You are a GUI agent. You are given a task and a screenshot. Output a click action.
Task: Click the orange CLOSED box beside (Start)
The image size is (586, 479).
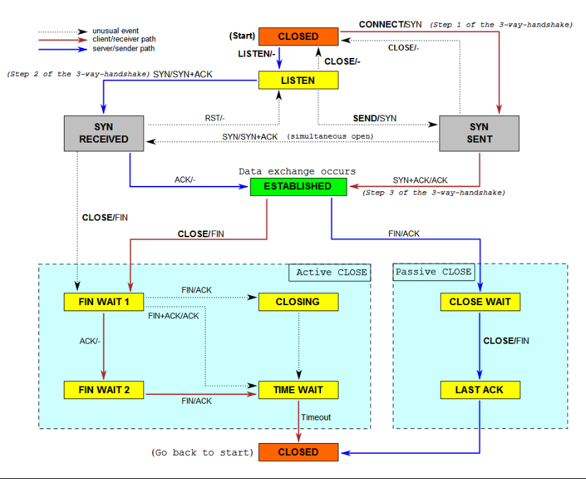pyautogui.click(x=298, y=37)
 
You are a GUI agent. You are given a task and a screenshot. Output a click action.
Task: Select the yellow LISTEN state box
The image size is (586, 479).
pyautogui.click(x=298, y=81)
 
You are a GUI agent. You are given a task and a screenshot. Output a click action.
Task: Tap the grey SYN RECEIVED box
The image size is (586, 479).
pyautogui.click(x=104, y=133)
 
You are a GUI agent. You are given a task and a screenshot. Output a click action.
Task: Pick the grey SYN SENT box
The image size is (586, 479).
pyautogui.click(x=479, y=133)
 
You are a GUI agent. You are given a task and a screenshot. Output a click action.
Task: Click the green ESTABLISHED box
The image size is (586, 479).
pyautogui.click(x=298, y=187)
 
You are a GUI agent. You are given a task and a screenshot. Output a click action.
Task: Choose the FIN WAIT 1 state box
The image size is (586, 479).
pyautogui.click(x=104, y=302)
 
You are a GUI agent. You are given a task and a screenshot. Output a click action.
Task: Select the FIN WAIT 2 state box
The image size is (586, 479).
pyautogui.click(x=104, y=390)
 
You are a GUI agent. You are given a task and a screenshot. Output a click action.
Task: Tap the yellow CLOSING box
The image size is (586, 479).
pyautogui.click(x=298, y=302)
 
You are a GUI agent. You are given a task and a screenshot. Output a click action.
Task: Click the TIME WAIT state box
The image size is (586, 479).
pyautogui.click(x=298, y=390)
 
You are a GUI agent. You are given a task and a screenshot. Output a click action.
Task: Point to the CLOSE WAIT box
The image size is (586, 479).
pyautogui.click(x=480, y=302)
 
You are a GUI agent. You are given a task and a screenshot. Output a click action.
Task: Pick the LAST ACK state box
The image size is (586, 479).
pyautogui.click(x=480, y=390)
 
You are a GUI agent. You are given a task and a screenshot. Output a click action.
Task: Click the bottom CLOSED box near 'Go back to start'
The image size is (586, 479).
pyautogui.click(x=298, y=452)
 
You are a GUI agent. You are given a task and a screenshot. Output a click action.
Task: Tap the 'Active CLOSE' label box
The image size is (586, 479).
pyautogui.click(x=330, y=272)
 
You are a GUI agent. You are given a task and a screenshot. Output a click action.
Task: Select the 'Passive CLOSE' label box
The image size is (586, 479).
pyautogui.click(x=434, y=272)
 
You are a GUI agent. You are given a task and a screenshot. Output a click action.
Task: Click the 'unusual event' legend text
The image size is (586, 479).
pyautogui.click(x=115, y=31)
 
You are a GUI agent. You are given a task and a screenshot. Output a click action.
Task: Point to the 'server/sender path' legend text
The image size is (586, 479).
pyautogui.click(x=124, y=48)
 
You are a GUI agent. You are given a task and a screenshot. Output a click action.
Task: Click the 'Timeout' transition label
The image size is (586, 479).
pyautogui.click(x=316, y=417)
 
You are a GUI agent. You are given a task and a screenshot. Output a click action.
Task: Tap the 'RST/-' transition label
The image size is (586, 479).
pyautogui.click(x=215, y=118)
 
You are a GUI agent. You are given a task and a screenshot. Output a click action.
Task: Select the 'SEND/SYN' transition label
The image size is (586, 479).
pyautogui.click(x=375, y=118)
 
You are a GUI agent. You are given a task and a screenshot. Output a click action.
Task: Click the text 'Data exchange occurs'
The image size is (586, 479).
pyautogui.click(x=297, y=171)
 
